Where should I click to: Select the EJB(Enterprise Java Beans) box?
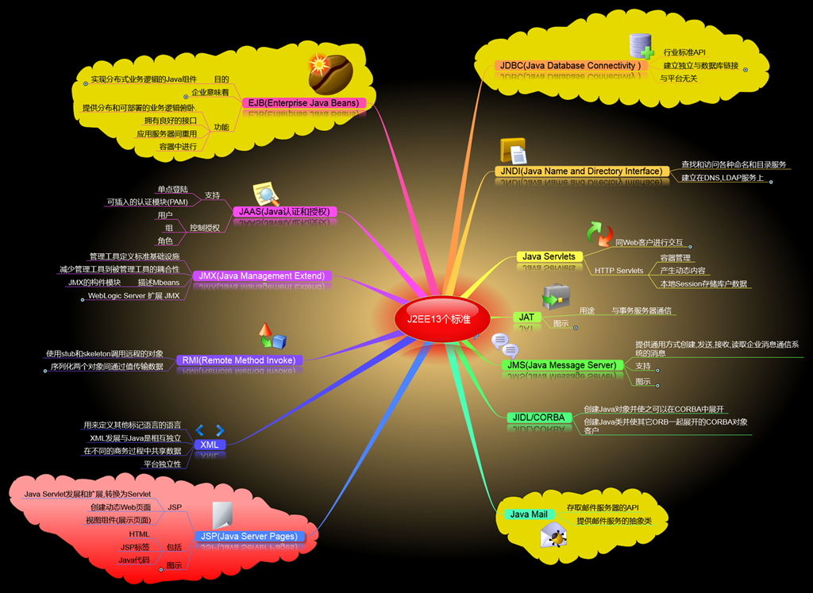coord(302,103)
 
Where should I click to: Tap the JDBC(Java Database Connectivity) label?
coord(569,65)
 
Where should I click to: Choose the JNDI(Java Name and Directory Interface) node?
coord(581,171)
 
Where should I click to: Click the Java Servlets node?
coord(549,256)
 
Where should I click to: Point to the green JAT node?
coord(526,317)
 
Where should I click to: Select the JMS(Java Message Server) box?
coord(561,365)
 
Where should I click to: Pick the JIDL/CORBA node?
coord(538,418)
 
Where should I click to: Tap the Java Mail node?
coord(529,514)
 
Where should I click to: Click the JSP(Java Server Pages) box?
coord(249,537)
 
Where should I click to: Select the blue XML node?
coord(210,445)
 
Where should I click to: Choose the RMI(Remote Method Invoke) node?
coord(238,360)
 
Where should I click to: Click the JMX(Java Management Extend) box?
coord(261,276)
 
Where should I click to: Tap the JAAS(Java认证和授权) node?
coord(283,212)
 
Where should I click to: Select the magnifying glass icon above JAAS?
coord(265,194)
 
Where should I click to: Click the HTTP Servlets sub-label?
coord(618,271)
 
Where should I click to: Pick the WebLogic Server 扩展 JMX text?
coord(133,296)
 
